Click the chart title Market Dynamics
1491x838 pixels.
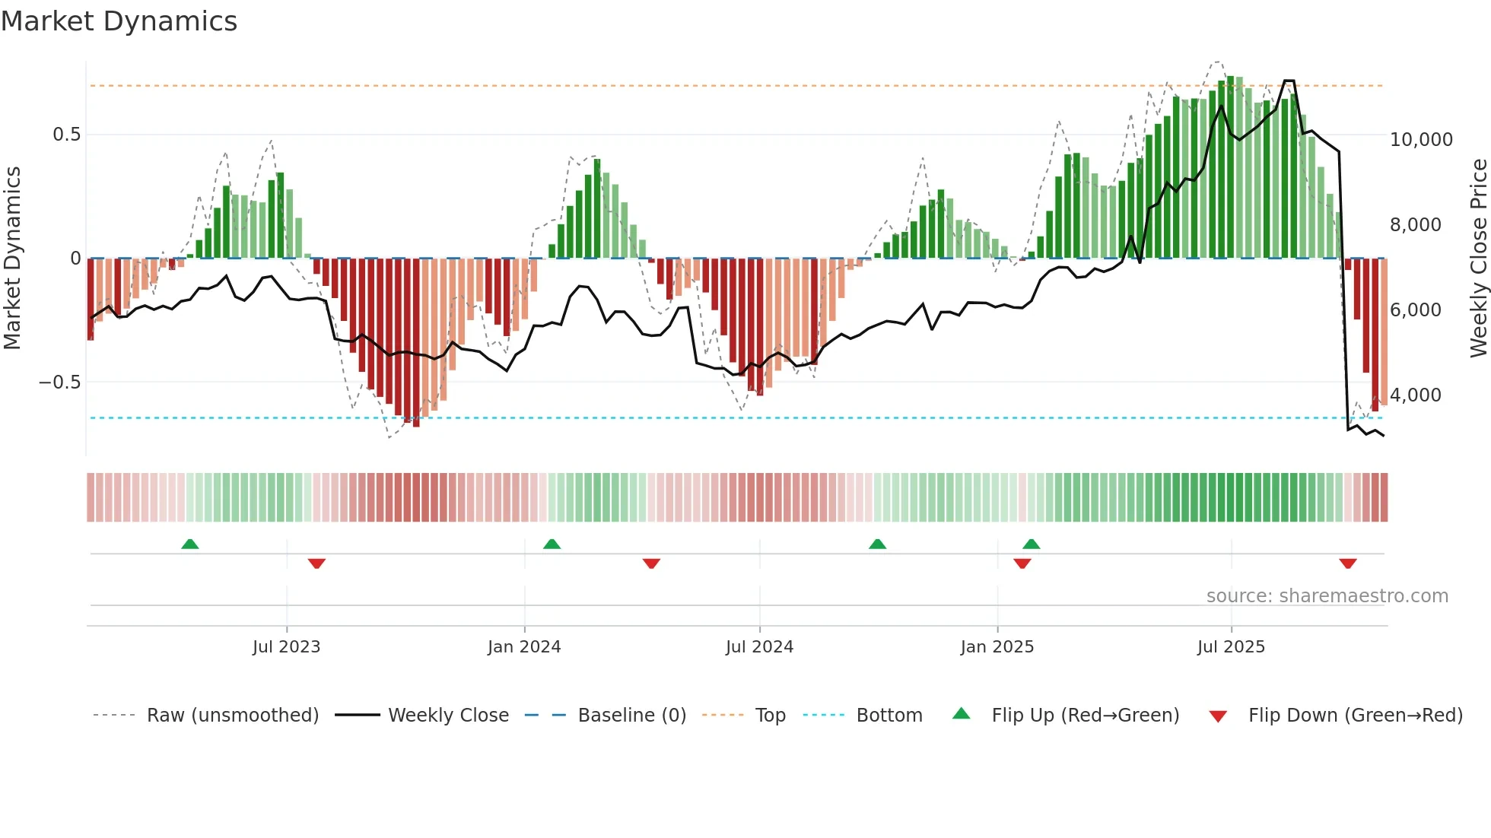coord(119,21)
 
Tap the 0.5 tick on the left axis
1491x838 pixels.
coord(66,135)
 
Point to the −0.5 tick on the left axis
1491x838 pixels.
coord(60,382)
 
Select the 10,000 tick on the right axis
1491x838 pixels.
coord(1420,140)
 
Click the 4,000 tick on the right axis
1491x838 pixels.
coord(1415,395)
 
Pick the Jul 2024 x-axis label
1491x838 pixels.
coord(759,647)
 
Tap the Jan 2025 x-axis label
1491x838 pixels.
coord(997,647)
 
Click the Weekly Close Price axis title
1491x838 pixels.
coord(1478,259)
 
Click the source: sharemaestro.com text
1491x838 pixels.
coord(1327,596)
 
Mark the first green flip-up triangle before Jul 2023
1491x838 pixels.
coord(190,544)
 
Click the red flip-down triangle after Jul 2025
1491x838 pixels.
coord(1348,563)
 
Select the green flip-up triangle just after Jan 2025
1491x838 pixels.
coord(1032,544)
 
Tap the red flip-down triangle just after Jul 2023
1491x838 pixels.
coord(316,563)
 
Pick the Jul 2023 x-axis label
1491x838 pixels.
coord(286,647)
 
